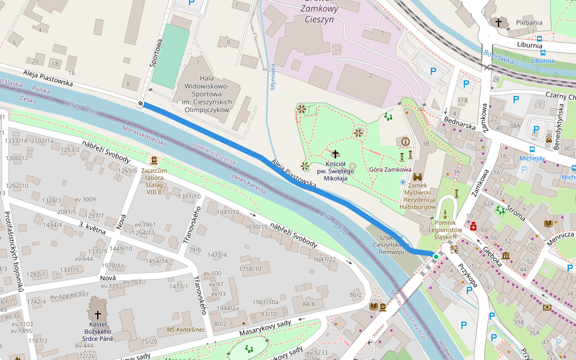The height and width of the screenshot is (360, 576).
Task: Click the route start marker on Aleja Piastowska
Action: click(141, 104)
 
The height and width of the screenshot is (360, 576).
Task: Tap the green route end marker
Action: click(436, 256)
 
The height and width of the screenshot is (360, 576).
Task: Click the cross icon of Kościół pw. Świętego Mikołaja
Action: click(335, 154)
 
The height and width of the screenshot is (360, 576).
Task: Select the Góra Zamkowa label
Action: click(390, 170)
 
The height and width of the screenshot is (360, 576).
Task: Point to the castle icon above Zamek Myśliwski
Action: click(418, 178)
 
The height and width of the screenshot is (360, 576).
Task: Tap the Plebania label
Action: click(529, 23)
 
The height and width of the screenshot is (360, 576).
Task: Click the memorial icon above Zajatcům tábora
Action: click(155, 160)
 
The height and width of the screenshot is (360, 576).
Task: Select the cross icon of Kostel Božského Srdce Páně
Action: click(98, 314)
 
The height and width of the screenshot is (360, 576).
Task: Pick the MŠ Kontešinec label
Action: click(186, 330)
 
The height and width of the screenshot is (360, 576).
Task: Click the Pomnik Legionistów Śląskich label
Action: click(445, 229)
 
